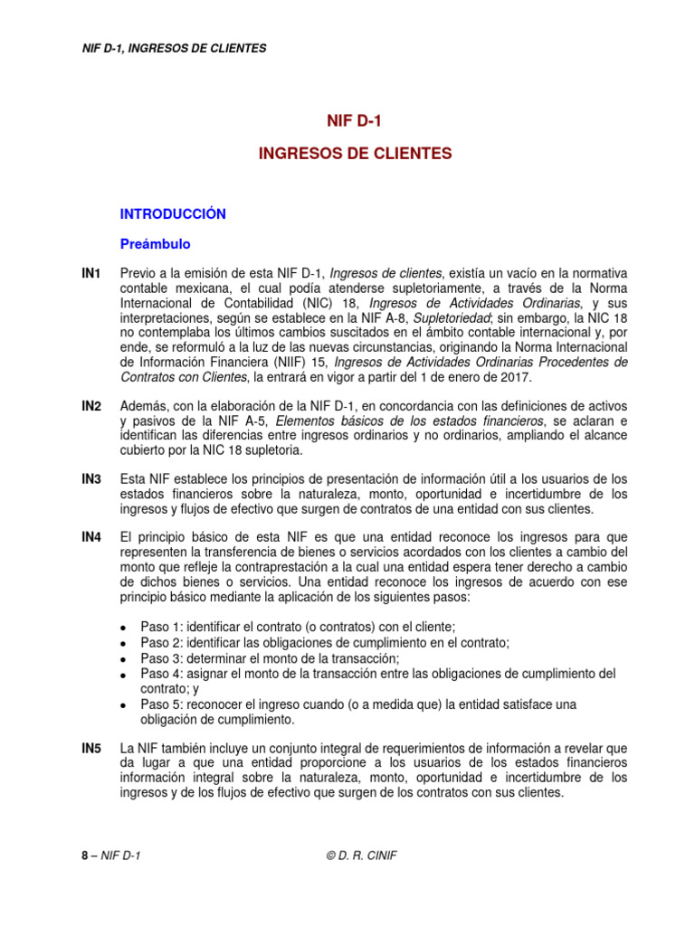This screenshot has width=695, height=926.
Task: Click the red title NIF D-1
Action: click(347, 119)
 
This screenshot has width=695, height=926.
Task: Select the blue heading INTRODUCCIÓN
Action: click(173, 214)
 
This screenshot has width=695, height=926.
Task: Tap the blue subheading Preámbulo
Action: click(156, 244)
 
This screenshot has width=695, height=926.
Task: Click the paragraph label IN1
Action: click(90, 274)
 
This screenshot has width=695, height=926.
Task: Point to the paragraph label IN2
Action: click(90, 408)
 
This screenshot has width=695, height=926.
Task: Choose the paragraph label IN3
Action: click(90, 479)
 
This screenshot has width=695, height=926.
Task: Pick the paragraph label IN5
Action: click(90, 750)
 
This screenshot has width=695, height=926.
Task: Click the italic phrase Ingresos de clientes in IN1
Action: click(385, 274)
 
